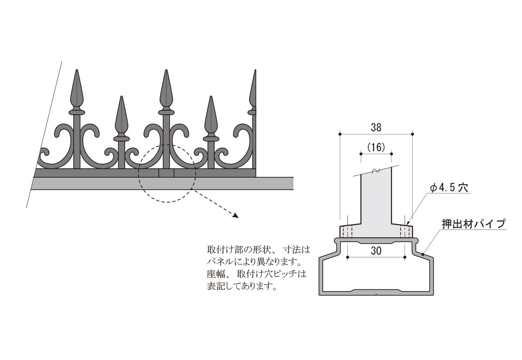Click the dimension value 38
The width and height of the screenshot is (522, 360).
coord(376,127)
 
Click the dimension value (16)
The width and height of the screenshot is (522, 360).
coord(376,147)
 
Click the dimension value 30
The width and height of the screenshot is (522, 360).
coord(376,251)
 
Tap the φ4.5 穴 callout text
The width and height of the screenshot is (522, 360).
coord(449,188)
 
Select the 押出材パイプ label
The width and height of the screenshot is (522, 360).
coord(473,224)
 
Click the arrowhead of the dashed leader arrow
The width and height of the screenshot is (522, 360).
coord(236,215)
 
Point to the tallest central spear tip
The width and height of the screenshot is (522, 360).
coord(166,71)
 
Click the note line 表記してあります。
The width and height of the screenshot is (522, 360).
coord(242,286)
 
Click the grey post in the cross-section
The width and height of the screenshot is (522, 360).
coord(376,200)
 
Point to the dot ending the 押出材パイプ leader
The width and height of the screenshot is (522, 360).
coord(423,254)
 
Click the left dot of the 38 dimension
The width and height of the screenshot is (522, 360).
coord(340,134)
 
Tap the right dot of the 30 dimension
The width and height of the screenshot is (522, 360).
coord(405,257)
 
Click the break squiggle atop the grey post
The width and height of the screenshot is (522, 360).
coord(376,171)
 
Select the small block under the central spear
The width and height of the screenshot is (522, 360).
coord(166,173)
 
